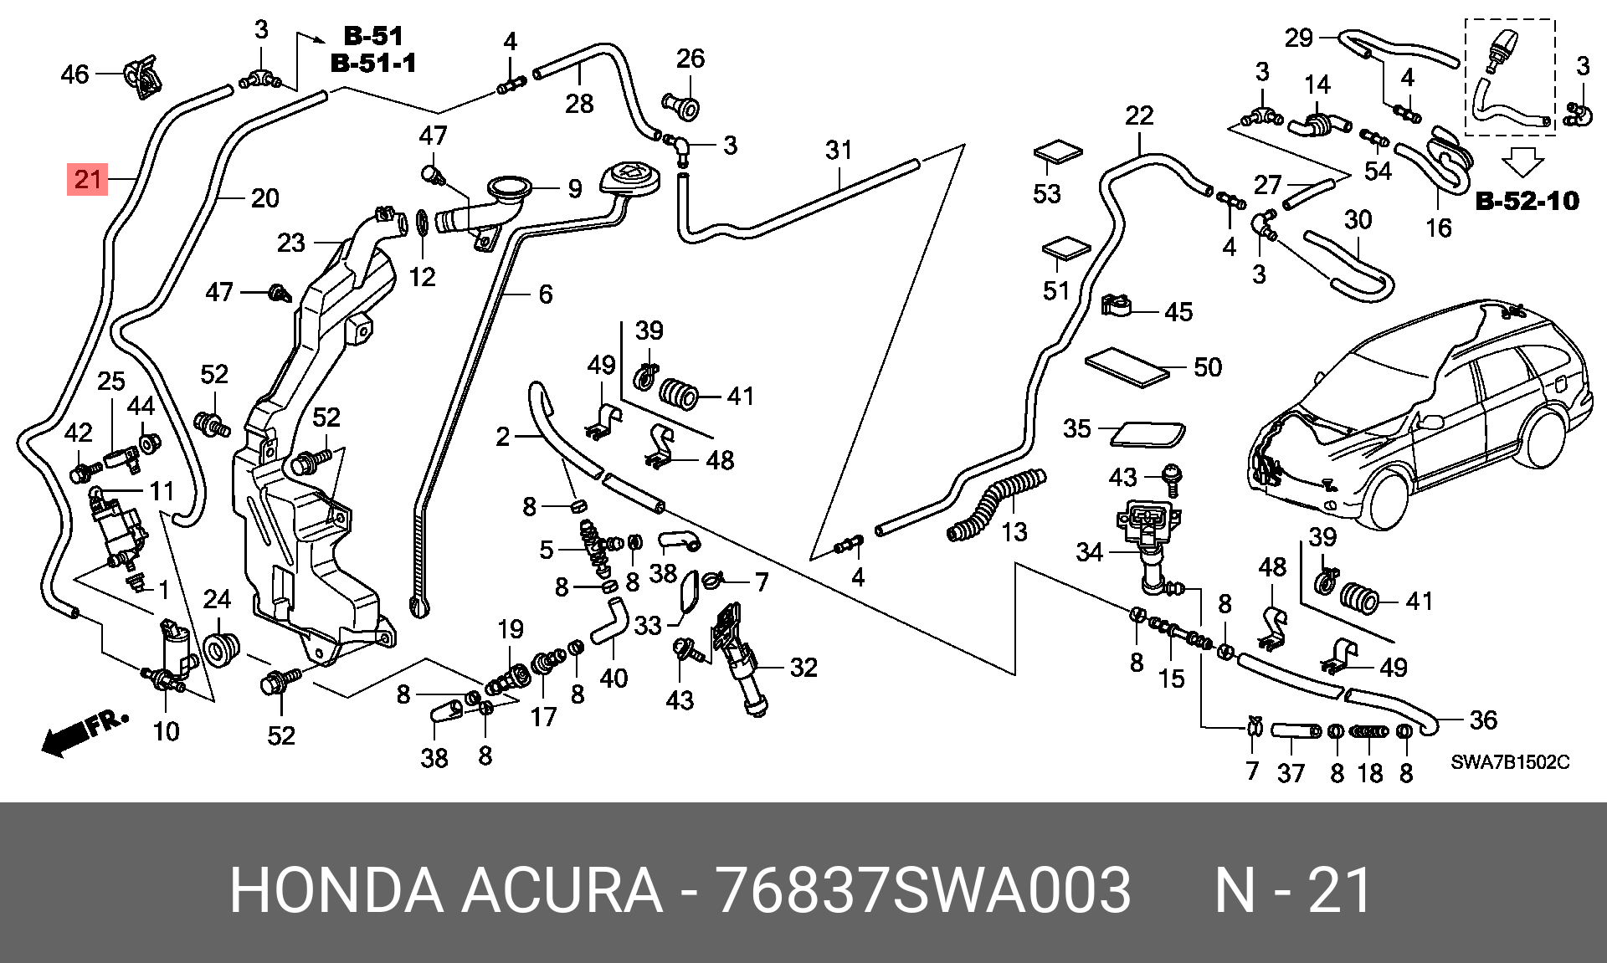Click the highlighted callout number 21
click(x=88, y=179)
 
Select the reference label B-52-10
click(x=1527, y=201)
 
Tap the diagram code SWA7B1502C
click(x=1510, y=762)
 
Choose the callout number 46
click(x=74, y=74)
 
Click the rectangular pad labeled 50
click(x=1127, y=367)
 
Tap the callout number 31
click(x=839, y=150)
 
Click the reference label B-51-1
click(x=373, y=63)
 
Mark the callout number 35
click(x=1077, y=429)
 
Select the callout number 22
click(x=1139, y=115)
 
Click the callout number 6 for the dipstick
click(x=546, y=295)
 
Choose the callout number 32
click(x=803, y=668)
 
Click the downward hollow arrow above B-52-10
click(x=1523, y=161)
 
